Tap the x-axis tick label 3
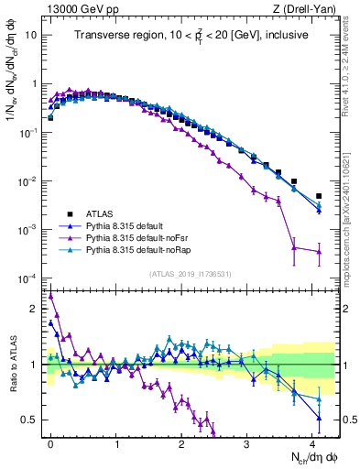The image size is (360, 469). [246, 442]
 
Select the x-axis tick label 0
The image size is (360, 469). [50, 442]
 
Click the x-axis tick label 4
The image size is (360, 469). [312, 442]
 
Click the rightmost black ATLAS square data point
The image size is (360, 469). [319, 196]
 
